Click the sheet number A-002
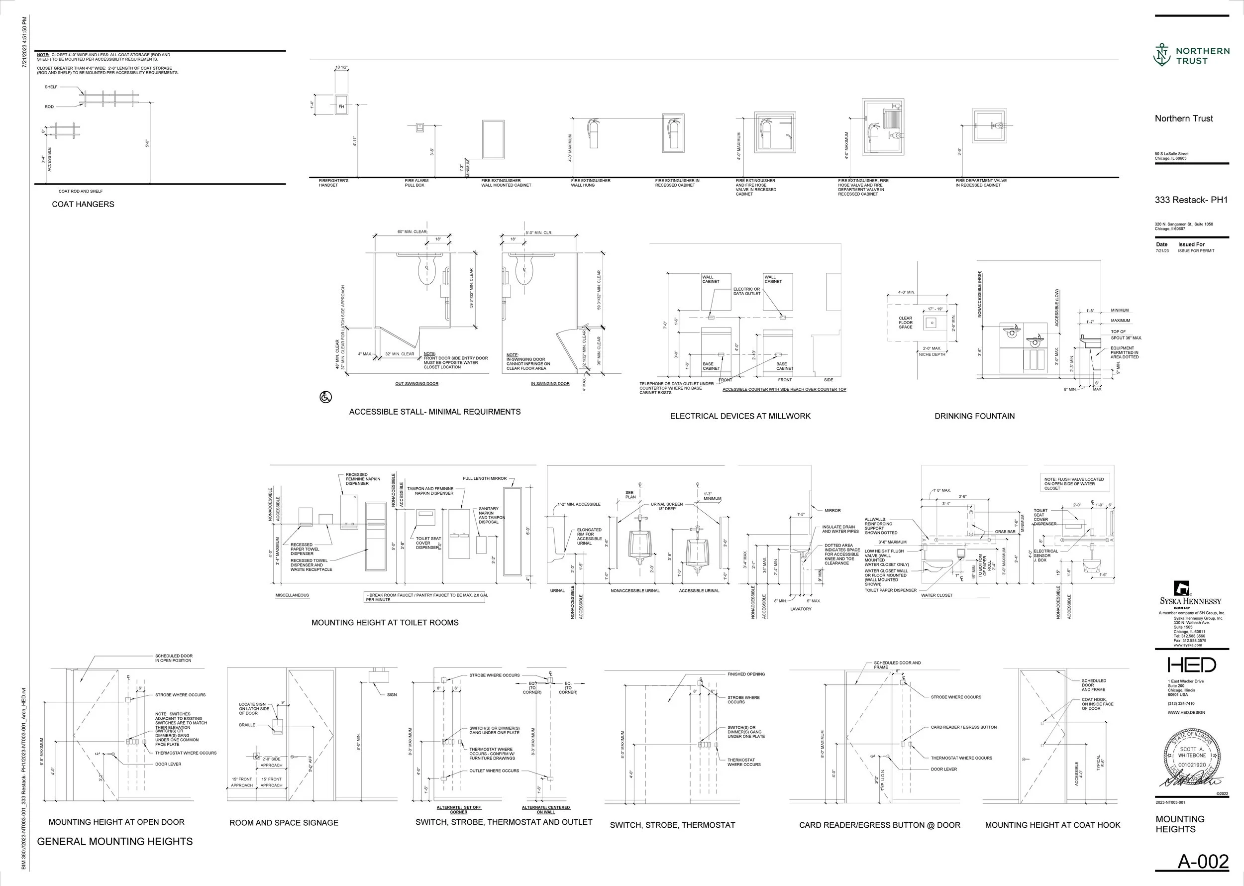pos(1203,862)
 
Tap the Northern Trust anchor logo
pos(1162,55)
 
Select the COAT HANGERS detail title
pos(83,204)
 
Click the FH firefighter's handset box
pos(341,107)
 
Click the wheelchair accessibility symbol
pos(325,397)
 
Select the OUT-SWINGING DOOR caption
pos(416,384)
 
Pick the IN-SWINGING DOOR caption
pos(550,384)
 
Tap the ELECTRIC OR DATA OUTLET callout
pos(746,291)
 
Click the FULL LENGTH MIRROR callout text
pos(484,478)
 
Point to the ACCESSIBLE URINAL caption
pos(699,591)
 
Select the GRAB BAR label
pos(1005,532)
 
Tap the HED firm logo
pos(1192,664)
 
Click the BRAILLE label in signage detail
pos(247,725)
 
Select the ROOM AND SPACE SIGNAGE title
pos(284,823)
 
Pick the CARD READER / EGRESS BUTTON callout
pos(963,727)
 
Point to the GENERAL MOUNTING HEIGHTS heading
pos(114,842)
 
